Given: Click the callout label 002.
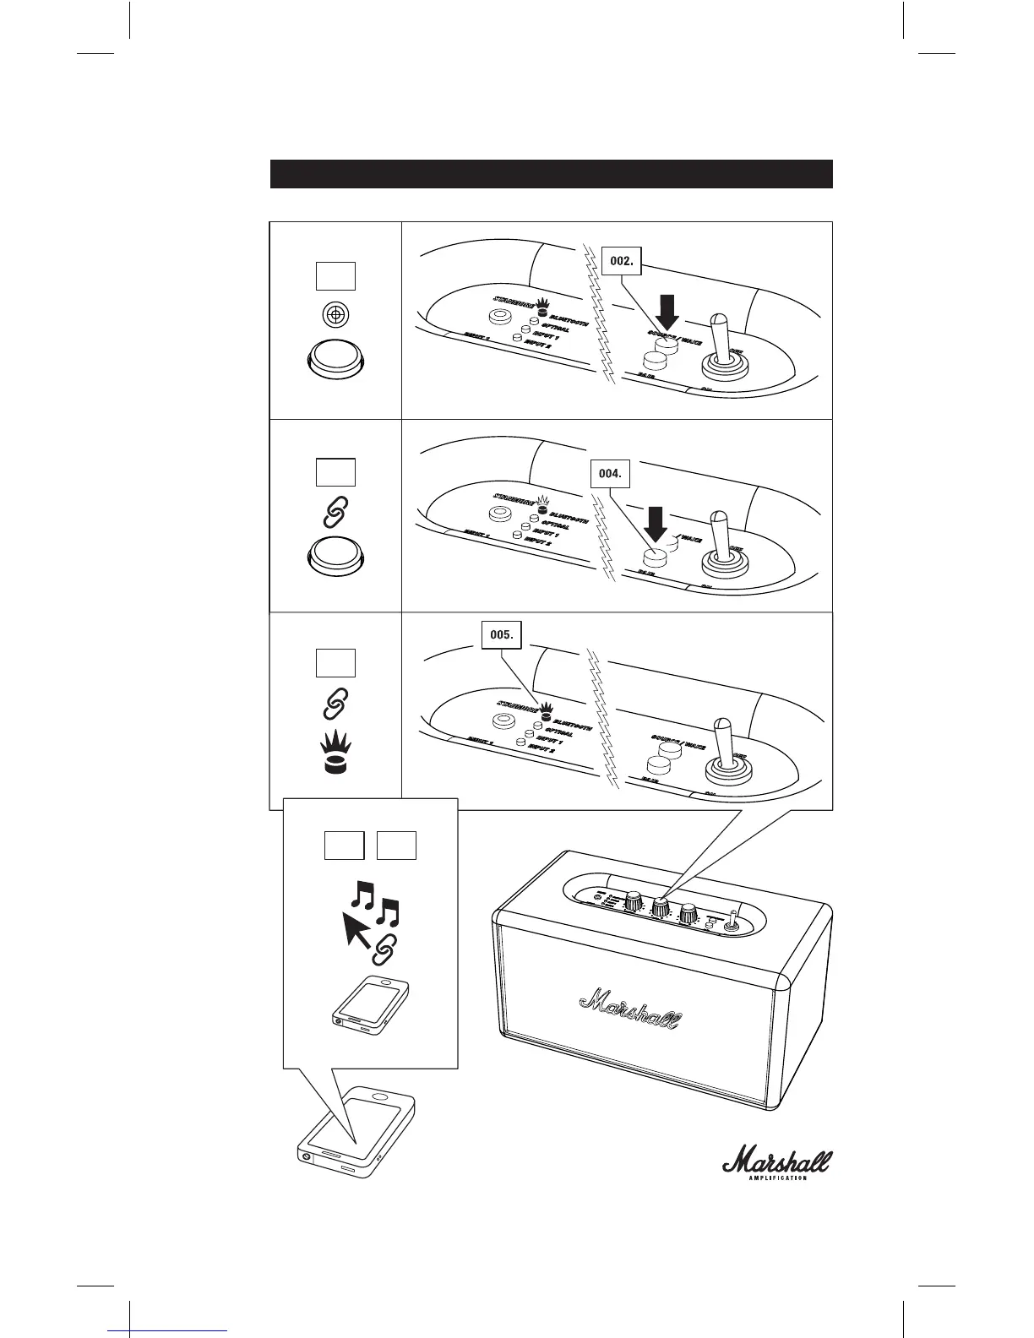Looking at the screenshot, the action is pyautogui.click(x=621, y=262).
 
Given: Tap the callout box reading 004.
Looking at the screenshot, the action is pyautogui.click(x=609, y=474).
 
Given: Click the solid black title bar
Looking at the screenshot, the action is pyautogui.click(x=551, y=174).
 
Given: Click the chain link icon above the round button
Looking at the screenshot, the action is pyautogui.click(x=335, y=510).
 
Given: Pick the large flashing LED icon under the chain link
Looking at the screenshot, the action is pyautogui.click(x=335, y=753).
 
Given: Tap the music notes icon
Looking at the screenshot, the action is pyautogui.click(x=375, y=900).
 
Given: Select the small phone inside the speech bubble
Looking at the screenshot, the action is pyautogui.click(x=373, y=1005).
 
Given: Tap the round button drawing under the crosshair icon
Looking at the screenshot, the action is pyautogui.click(x=335, y=361).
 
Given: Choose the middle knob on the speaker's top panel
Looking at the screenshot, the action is pyautogui.click(x=660, y=906).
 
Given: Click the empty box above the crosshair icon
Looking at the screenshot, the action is pyautogui.click(x=335, y=276).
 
